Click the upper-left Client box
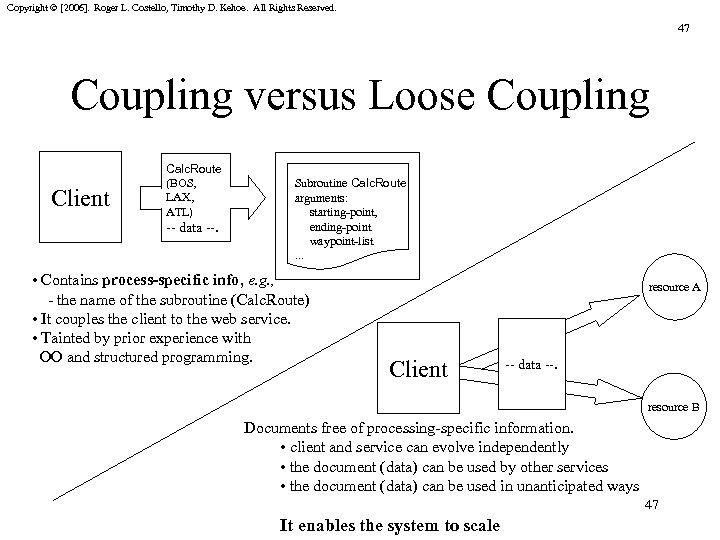[x=80, y=198]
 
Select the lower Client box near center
[x=419, y=369]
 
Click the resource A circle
[x=674, y=288]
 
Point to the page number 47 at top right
[x=683, y=30]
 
